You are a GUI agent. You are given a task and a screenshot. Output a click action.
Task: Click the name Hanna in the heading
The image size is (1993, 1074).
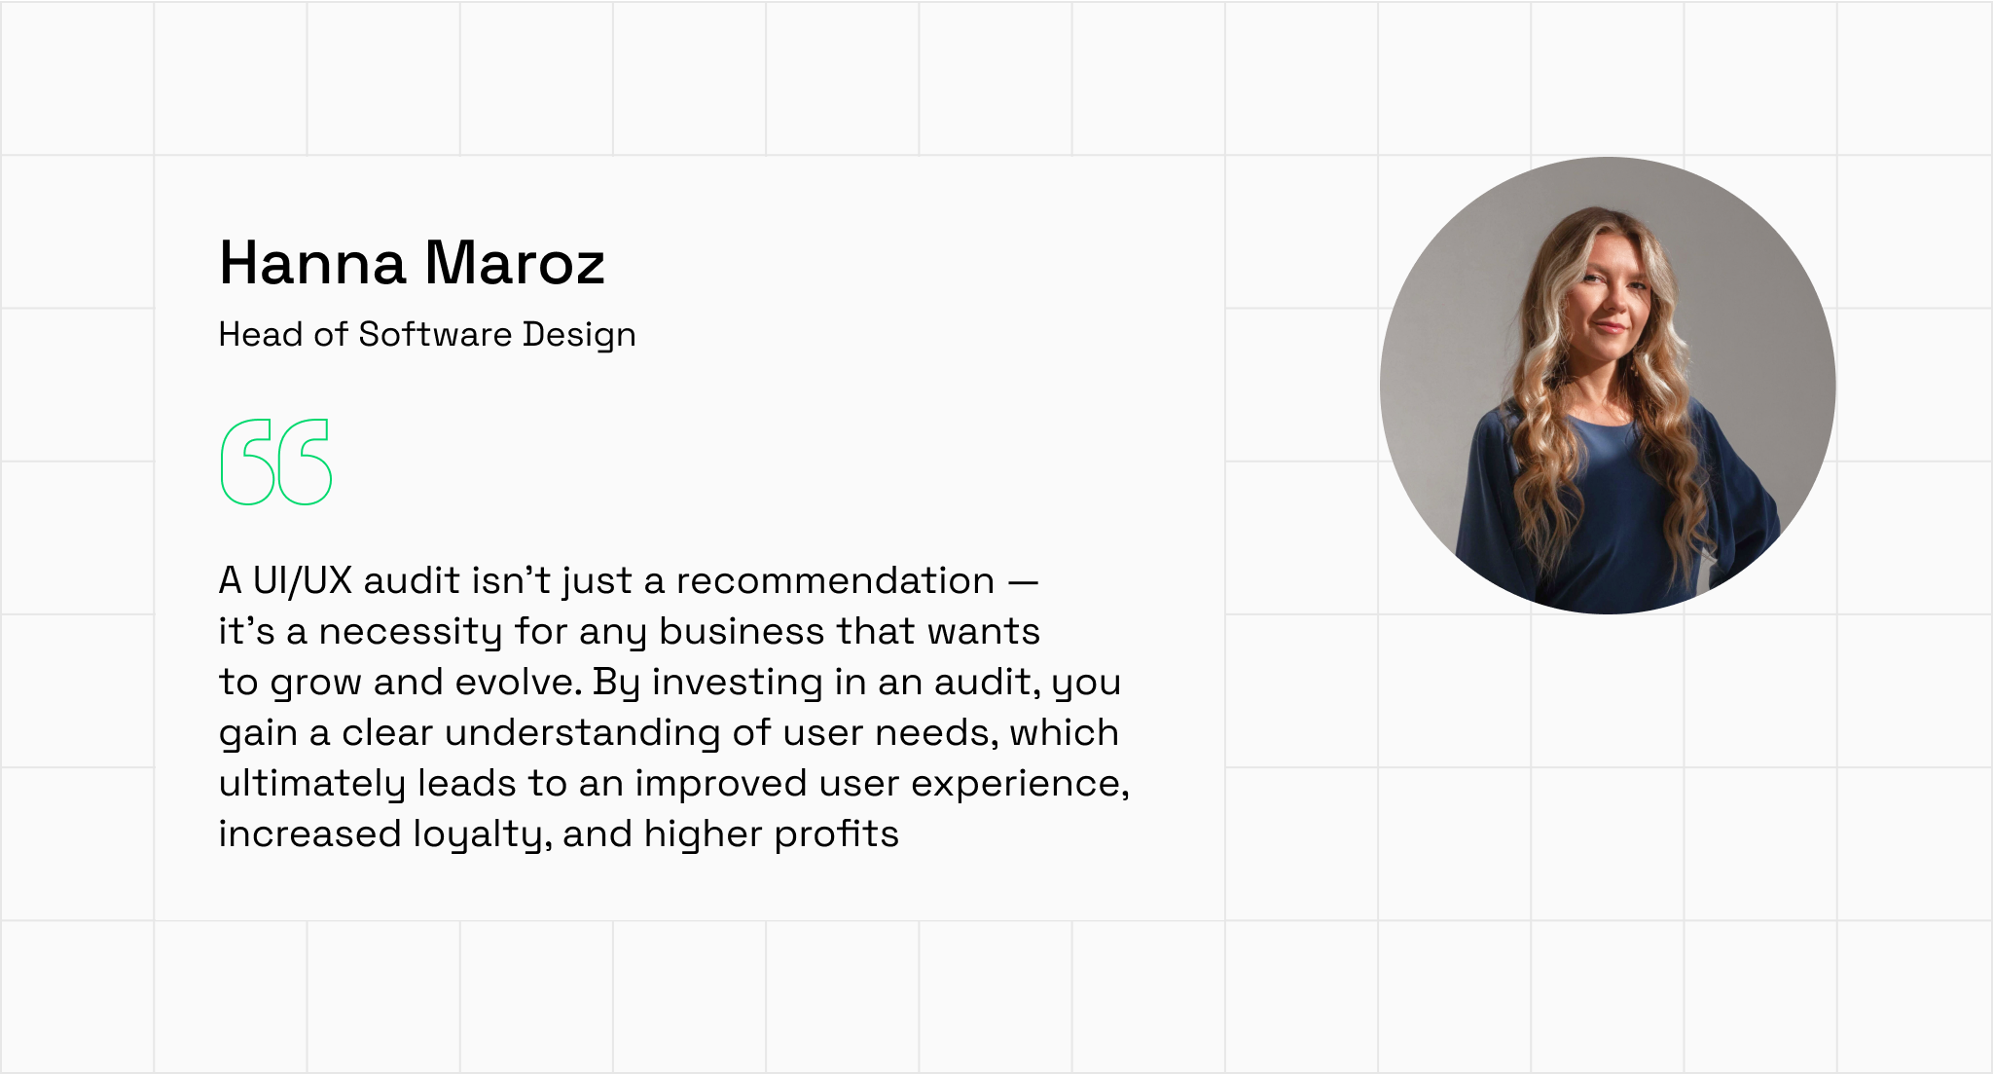coord(312,263)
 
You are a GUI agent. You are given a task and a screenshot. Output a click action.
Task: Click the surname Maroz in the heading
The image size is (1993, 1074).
coord(516,263)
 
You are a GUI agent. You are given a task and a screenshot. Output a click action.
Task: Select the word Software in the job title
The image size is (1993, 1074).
coord(435,334)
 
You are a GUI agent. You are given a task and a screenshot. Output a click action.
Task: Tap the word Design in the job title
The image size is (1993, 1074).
coord(579,336)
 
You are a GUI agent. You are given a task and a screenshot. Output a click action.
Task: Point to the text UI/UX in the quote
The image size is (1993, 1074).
coord(302,580)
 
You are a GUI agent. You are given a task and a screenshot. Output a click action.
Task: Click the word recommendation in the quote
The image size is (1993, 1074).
coord(835,580)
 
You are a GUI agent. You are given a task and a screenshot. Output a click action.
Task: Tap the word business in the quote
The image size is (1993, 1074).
coord(742,631)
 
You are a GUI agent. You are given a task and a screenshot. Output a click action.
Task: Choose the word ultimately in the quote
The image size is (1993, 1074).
coord(311,785)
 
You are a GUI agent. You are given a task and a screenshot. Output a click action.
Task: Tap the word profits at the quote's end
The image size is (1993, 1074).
coord(837,835)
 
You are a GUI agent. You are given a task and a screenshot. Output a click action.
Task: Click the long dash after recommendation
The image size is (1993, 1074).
coord(1023,582)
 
